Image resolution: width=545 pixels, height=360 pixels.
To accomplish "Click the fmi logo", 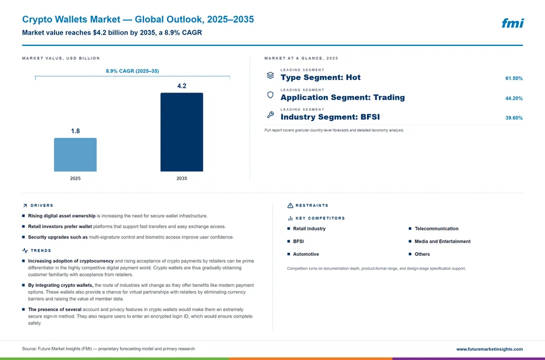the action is [x=512, y=23].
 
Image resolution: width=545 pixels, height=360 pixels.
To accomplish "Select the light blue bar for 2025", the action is [x=75, y=154].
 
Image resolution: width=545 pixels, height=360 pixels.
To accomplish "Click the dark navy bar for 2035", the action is [x=182, y=132].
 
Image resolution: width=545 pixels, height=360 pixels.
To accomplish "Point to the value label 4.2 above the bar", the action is [x=182, y=86].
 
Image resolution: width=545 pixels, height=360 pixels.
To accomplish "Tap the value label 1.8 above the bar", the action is [x=75, y=131].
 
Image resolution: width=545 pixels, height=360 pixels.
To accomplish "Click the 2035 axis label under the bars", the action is [x=182, y=178].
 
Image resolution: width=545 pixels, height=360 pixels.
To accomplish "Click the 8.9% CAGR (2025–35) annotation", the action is [x=133, y=71].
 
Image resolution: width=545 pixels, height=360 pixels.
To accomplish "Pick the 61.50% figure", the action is [x=514, y=79].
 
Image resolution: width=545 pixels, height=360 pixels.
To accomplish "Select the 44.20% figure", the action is [x=514, y=98].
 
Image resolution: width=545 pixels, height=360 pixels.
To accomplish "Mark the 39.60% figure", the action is [x=514, y=118].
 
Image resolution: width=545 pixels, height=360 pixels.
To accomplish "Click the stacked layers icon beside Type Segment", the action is [x=270, y=76].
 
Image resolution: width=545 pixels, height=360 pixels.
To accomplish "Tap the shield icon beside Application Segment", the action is [x=270, y=95].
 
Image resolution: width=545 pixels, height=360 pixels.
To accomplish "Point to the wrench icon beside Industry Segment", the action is [x=270, y=114].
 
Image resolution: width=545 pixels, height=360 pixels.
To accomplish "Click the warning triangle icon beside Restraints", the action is [x=290, y=206].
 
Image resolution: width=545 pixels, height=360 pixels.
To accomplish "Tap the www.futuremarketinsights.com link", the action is [x=489, y=349].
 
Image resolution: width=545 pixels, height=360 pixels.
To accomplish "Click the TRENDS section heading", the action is [x=41, y=250].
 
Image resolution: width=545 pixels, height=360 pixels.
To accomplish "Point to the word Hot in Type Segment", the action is [x=353, y=77].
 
